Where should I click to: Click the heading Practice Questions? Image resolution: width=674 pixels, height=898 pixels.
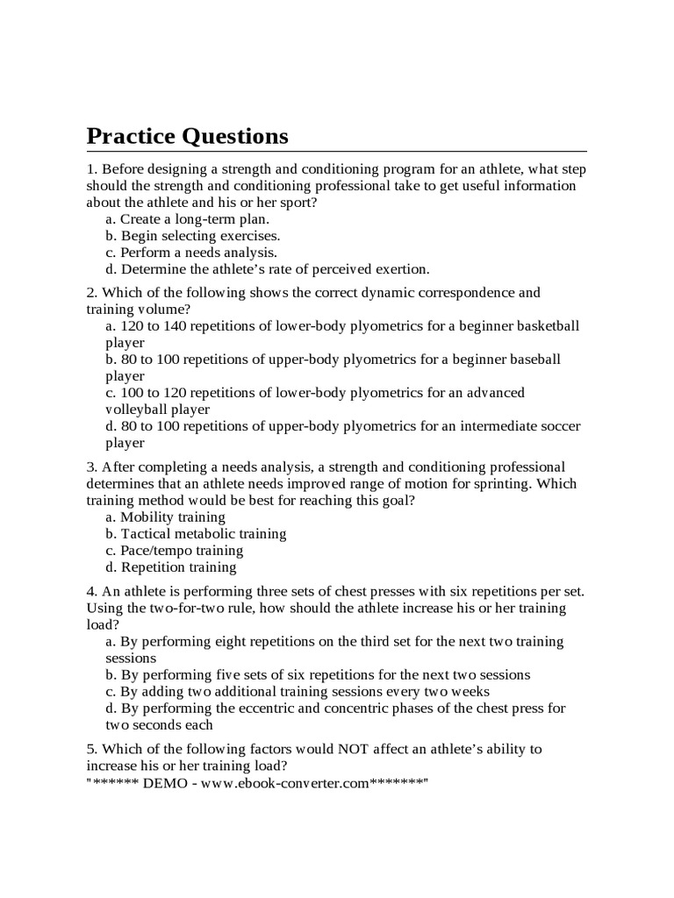(x=187, y=136)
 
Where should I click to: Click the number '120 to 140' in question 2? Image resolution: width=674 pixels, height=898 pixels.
(x=154, y=326)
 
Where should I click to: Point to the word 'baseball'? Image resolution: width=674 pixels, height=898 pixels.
(x=534, y=360)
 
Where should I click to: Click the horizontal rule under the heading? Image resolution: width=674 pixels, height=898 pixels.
(x=336, y=152)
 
